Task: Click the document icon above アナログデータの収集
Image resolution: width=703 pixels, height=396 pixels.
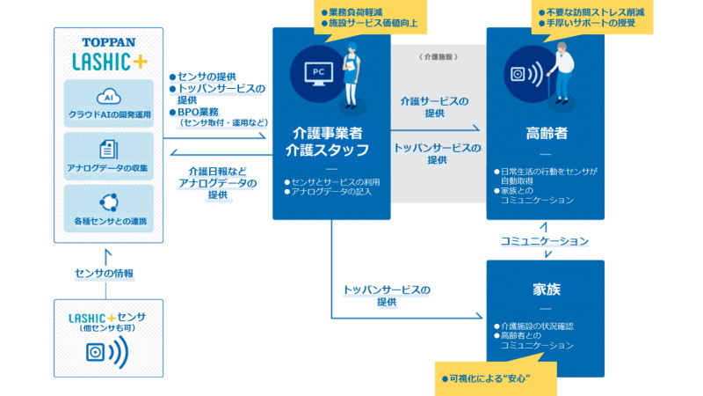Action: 108,149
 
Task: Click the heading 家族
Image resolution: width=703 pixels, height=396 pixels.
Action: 545,288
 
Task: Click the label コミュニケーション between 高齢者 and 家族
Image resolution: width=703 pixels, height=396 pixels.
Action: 545,240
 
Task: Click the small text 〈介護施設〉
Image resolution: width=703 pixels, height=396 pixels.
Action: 439,56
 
